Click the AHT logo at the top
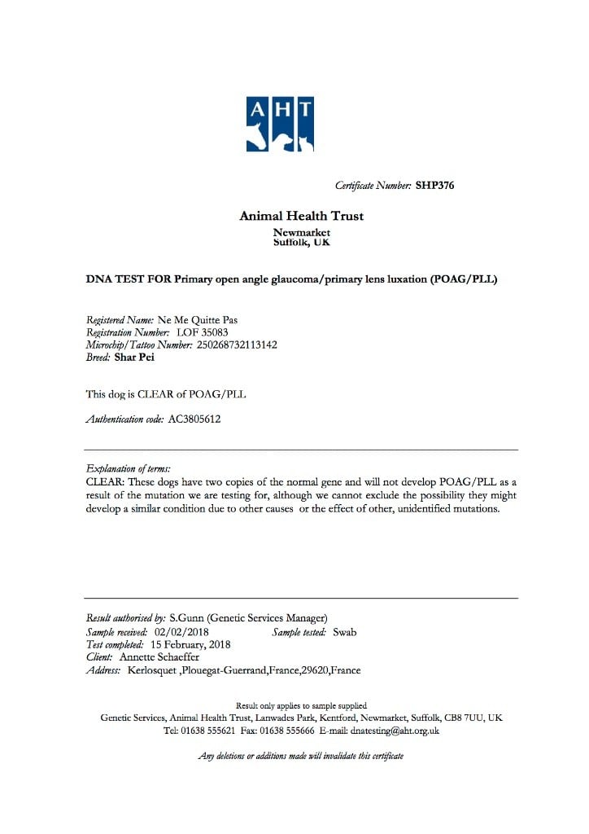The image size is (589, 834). (x=280, y=124)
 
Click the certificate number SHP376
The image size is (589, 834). (x=434, y=186)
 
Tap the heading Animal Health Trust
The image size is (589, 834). (x=301, y=216)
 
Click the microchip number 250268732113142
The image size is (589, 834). (x=237, y=345)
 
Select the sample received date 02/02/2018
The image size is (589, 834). (x=182, y=631)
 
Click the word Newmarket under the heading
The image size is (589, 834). (x=301, y=233)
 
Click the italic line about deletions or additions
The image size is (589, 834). (x=300, y=756)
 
